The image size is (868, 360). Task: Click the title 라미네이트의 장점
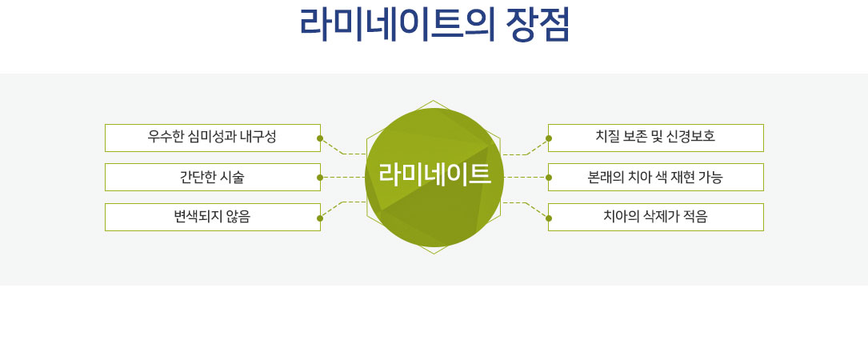pyautogui.click(x=434, y=24)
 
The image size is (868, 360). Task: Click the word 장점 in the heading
pyautogui.click(x=538, y=24)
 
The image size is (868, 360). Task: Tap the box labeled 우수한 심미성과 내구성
pyautogui.click(x=213, y=138)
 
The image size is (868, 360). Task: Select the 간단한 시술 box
pyautogui.click(x=213, y=178)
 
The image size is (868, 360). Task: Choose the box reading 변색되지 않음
pyautogui.click(x=213, y=217)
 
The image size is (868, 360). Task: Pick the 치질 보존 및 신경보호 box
pyautogui.click(x=656, y=138)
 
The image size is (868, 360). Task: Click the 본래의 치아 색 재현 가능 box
pyautogui.click(x=656, y=178)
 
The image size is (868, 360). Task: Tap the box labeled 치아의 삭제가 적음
pyautogui.click(x=656, y=217)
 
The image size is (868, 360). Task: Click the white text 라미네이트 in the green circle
pyautogui.click(x=434, y=174)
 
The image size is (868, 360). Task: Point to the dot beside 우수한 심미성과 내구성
pyautogui.click(x=320, y=138)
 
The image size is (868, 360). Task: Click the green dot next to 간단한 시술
pyautogui.click(x=320, y=178)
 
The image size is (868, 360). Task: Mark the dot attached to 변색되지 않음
pyautogui.click(x=320, y=218)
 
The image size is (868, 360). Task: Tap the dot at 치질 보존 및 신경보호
pyautogui.click(x=549, y=138)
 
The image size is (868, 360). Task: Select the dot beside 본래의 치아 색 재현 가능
pyautogui.click(x=549, y=178)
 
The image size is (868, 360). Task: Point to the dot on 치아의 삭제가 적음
pyautogui.click(x=549, y=218)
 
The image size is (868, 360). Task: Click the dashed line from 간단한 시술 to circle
pyautogui.click(x=344, y=178)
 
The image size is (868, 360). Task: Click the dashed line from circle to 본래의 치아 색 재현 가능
pyautogui.click(x=525, y=178)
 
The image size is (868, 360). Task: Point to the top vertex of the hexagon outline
pyautogui.click(x=434, y=101)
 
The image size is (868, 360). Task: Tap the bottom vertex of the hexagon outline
pyautogui.click(x=434, y=254)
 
